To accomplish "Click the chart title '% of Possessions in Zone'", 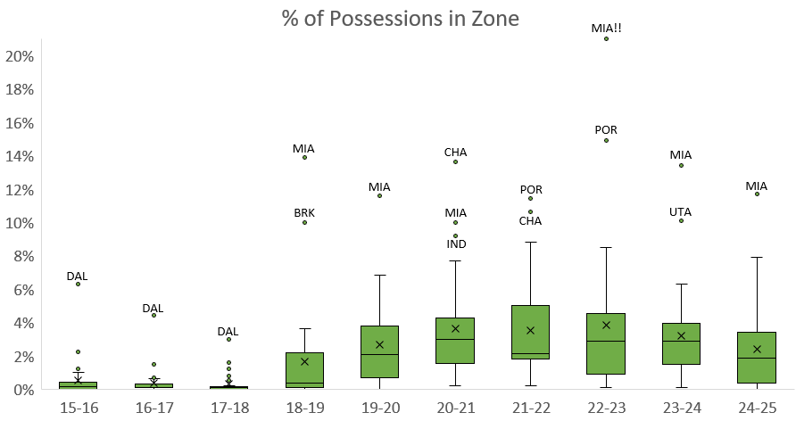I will (398, 18).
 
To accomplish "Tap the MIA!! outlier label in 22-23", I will (606, 28).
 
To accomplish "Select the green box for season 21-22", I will (530, 333).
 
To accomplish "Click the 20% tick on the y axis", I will (20, 56).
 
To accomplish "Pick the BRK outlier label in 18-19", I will (304, 212).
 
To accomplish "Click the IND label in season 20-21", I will (455, 244).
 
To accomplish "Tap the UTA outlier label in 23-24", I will (681, 211).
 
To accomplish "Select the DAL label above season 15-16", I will (78, 276).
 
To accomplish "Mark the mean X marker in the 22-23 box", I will (606, 325).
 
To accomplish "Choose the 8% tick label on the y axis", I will (22, 257).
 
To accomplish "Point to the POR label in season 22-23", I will (606, 129).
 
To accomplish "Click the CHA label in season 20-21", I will (455, 152).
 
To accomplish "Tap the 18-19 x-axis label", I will (304, 408).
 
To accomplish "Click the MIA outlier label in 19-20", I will (379, 186).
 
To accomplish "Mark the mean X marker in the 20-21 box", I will (455, 328).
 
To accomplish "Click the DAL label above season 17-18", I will (228, 331).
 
